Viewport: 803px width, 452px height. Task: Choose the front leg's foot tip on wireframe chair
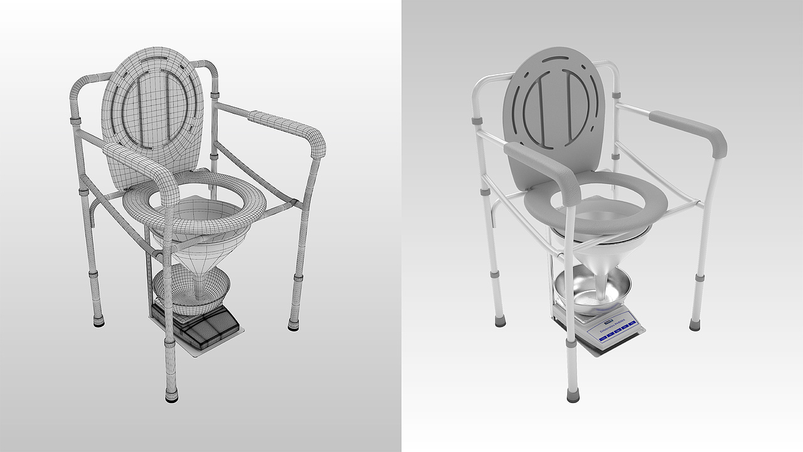(171, 396)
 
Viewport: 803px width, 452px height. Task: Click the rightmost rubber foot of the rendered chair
(694, 325)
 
